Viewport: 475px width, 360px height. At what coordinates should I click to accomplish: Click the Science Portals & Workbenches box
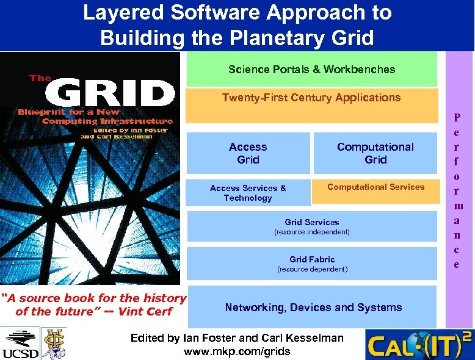(x=311, y=69)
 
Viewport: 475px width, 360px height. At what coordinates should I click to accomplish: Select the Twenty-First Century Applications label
(x=311, y=98)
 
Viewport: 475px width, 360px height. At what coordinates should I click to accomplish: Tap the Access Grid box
(x=248, y=153)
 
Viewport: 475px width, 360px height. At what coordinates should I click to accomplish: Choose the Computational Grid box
(x=375, y=153)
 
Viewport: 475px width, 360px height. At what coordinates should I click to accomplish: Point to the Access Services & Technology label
(x=248, y=193)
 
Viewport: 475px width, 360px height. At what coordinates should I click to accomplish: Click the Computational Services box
(x=375, y=187)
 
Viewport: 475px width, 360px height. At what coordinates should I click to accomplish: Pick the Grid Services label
(x=311, y=222)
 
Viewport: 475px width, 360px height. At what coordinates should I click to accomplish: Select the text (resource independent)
(x=311, y=232)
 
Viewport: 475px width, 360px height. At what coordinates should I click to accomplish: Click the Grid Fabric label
(x=311, y=259)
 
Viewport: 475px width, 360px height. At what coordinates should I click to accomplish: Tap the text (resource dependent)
(x=311, y=269)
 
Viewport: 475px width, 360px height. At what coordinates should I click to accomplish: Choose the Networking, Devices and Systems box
(x=313, y=308)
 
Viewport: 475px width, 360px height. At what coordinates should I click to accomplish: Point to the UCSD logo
(x=21, y=344)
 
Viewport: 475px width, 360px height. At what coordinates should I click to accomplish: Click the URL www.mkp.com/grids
(x=237, y=351)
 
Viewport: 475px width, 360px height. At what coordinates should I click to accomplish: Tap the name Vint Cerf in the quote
(x=150, y=312)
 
